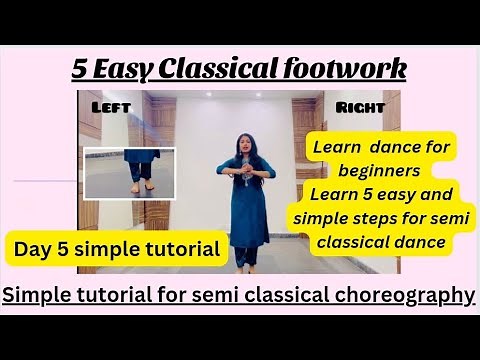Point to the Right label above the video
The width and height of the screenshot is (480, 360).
tap(361, 106)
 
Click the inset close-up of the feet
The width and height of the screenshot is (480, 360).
tap(129, 172)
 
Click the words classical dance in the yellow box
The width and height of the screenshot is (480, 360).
tap(382, 241)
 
